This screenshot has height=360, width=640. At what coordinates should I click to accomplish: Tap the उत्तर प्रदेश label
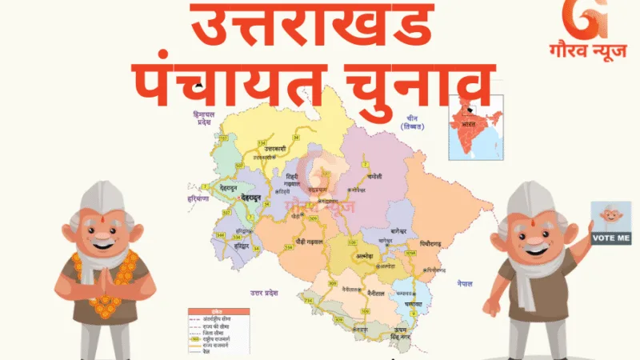coord(264,293)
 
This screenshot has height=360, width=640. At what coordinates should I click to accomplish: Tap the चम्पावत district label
coord(414,305)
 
